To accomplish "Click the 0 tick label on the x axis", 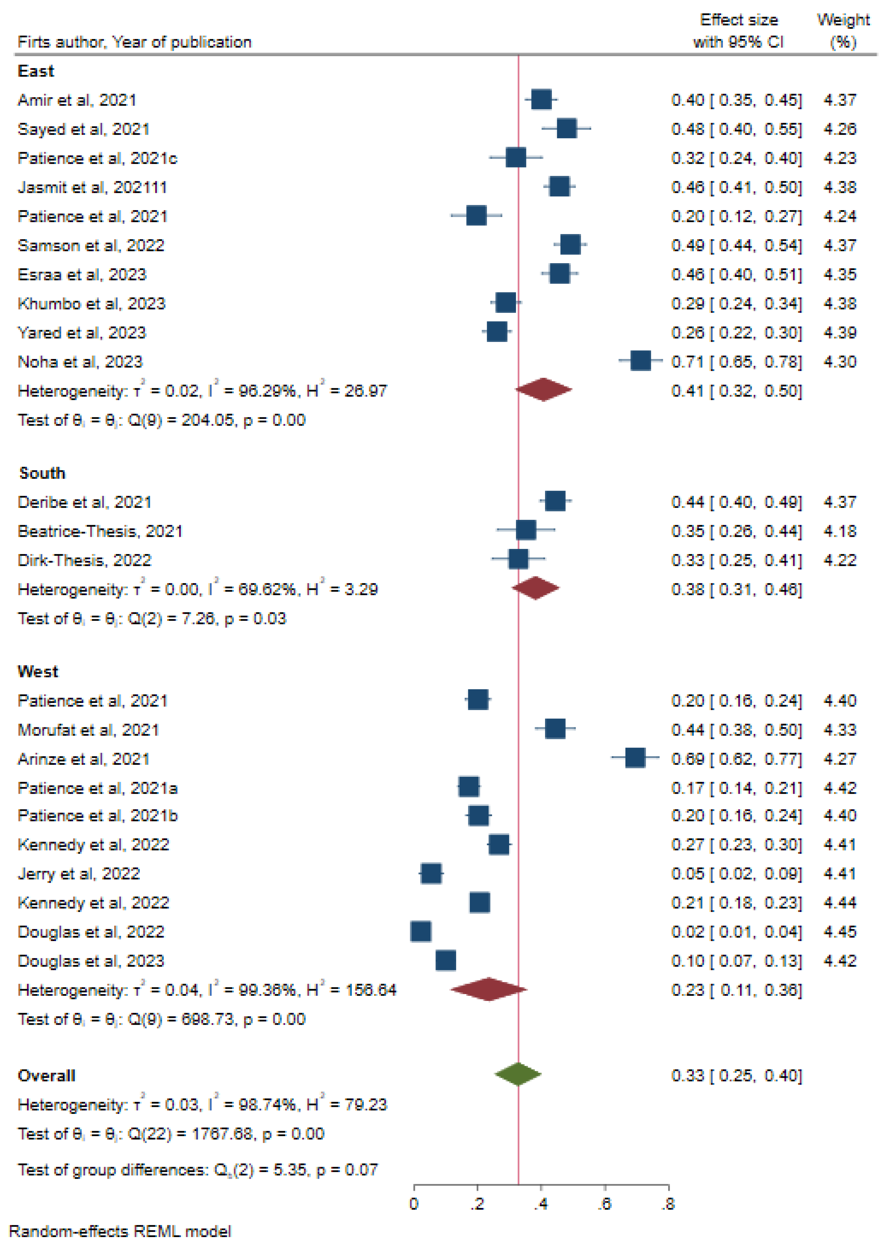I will point(414,1204).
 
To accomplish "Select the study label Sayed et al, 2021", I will point(83,129).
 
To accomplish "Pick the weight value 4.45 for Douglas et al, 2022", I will point(839,931).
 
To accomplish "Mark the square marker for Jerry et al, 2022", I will point(431,873).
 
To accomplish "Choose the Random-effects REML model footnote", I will point(120,1231).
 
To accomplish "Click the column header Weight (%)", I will point(843,31).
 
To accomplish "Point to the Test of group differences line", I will point(197,1170).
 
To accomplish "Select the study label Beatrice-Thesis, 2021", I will point(100,531).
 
